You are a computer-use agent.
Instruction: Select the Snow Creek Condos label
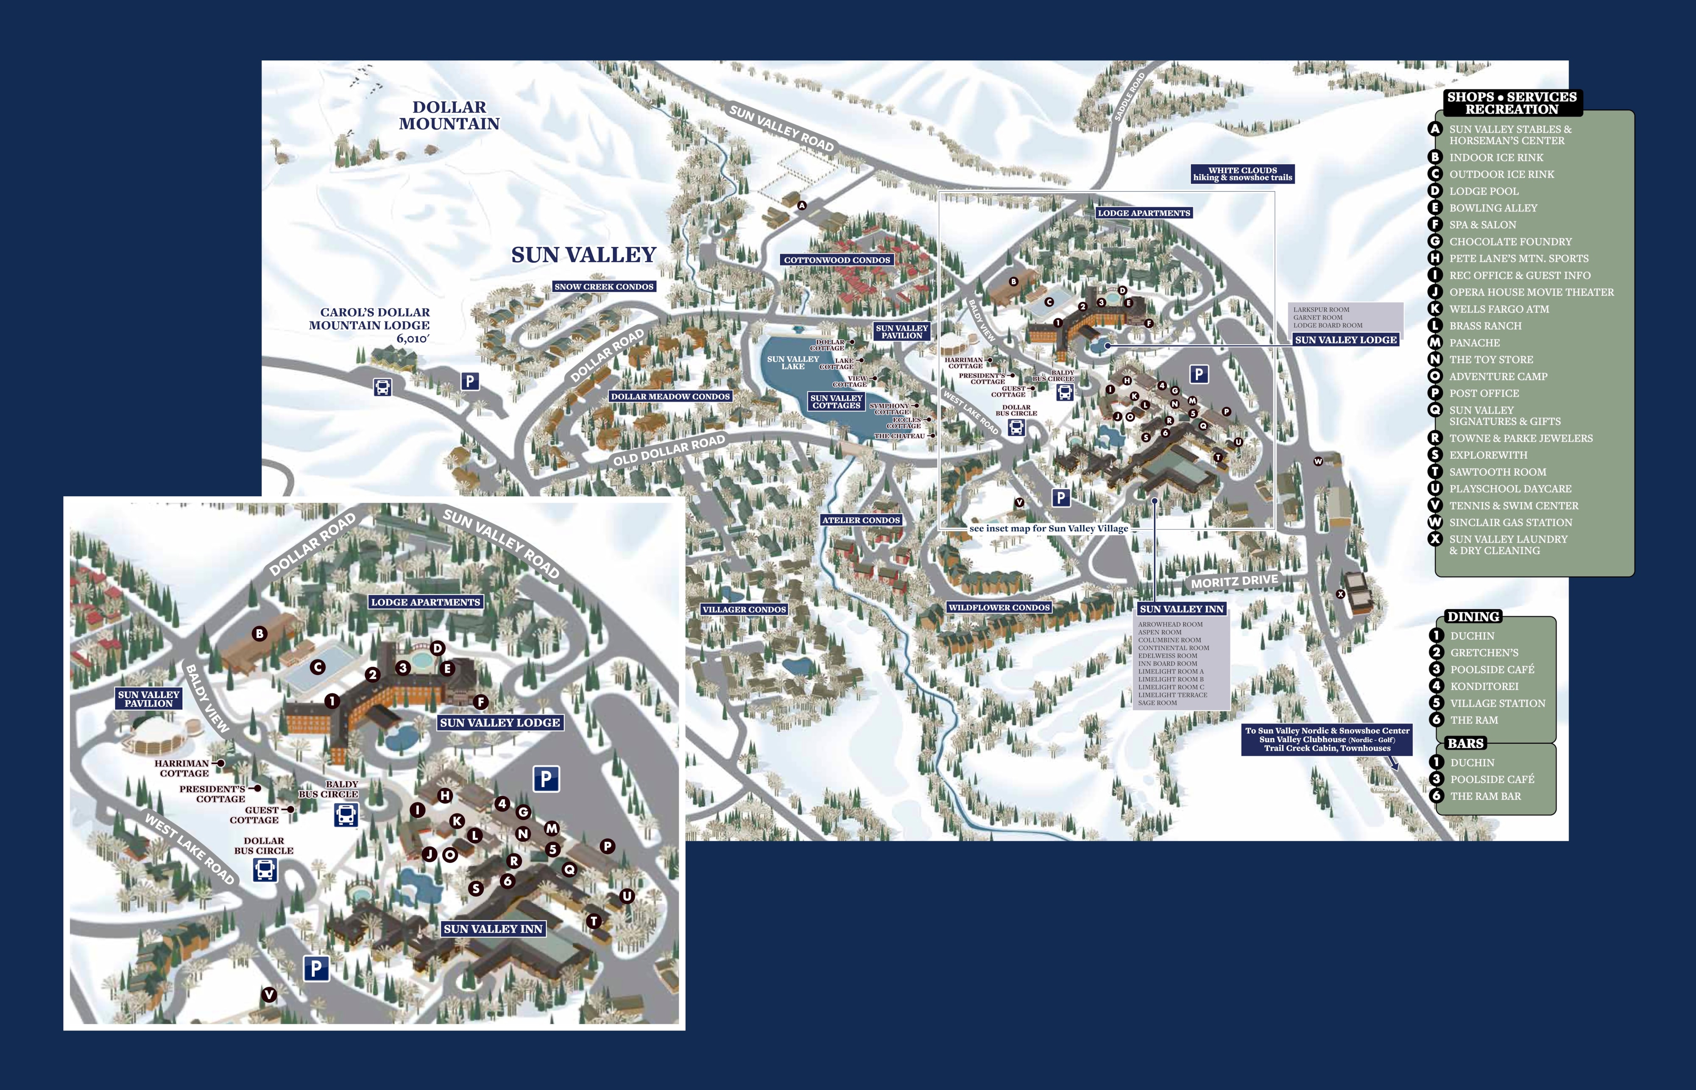(604, 287)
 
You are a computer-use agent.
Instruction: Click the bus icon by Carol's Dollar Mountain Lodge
(382, 387)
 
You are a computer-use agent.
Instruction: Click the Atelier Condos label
(861, 520)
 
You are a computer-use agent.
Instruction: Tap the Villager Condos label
(744, 609)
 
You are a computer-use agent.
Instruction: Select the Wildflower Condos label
(999, 607)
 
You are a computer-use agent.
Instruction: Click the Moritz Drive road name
(1235, 582)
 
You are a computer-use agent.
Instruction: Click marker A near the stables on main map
(802, 206)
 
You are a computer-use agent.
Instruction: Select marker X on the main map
(1340, 594)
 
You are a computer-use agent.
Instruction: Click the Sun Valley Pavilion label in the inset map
(149, 699)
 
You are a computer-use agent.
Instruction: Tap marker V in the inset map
(269, 995)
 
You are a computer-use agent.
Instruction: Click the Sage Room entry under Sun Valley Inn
(1158, 703)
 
